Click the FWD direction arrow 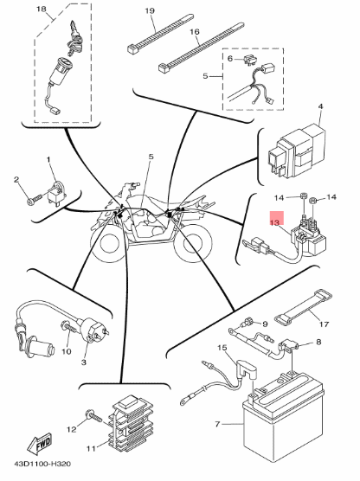[40, 444]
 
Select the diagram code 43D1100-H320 [42, 464]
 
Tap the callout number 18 [42, 9]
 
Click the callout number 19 [150, 11]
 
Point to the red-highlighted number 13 [274, 222]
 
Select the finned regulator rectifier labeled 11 [131, 423]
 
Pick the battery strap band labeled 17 [303, 306]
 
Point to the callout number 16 [195, 32]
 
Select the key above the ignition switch [74, 35]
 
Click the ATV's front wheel [106, 246]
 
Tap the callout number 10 [67, 351]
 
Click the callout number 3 [84, 362]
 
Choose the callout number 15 [222, 348]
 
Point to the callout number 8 [318, 342]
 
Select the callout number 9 [266, 324]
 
